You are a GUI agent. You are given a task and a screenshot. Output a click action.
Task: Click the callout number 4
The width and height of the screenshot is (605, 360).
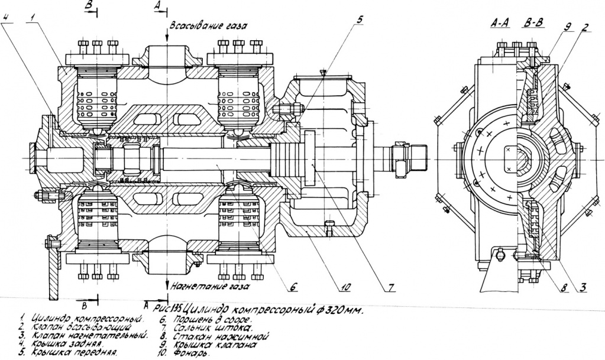(5, 17)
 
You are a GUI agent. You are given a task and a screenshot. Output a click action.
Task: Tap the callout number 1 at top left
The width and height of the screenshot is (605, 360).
(28, 17)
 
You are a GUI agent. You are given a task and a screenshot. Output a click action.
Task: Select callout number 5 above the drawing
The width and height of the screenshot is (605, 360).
(359, 18)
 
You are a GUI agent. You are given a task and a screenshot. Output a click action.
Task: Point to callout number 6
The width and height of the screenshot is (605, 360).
(292, 287)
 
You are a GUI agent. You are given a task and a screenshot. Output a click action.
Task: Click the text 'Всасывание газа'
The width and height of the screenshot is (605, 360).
(207, 27)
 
